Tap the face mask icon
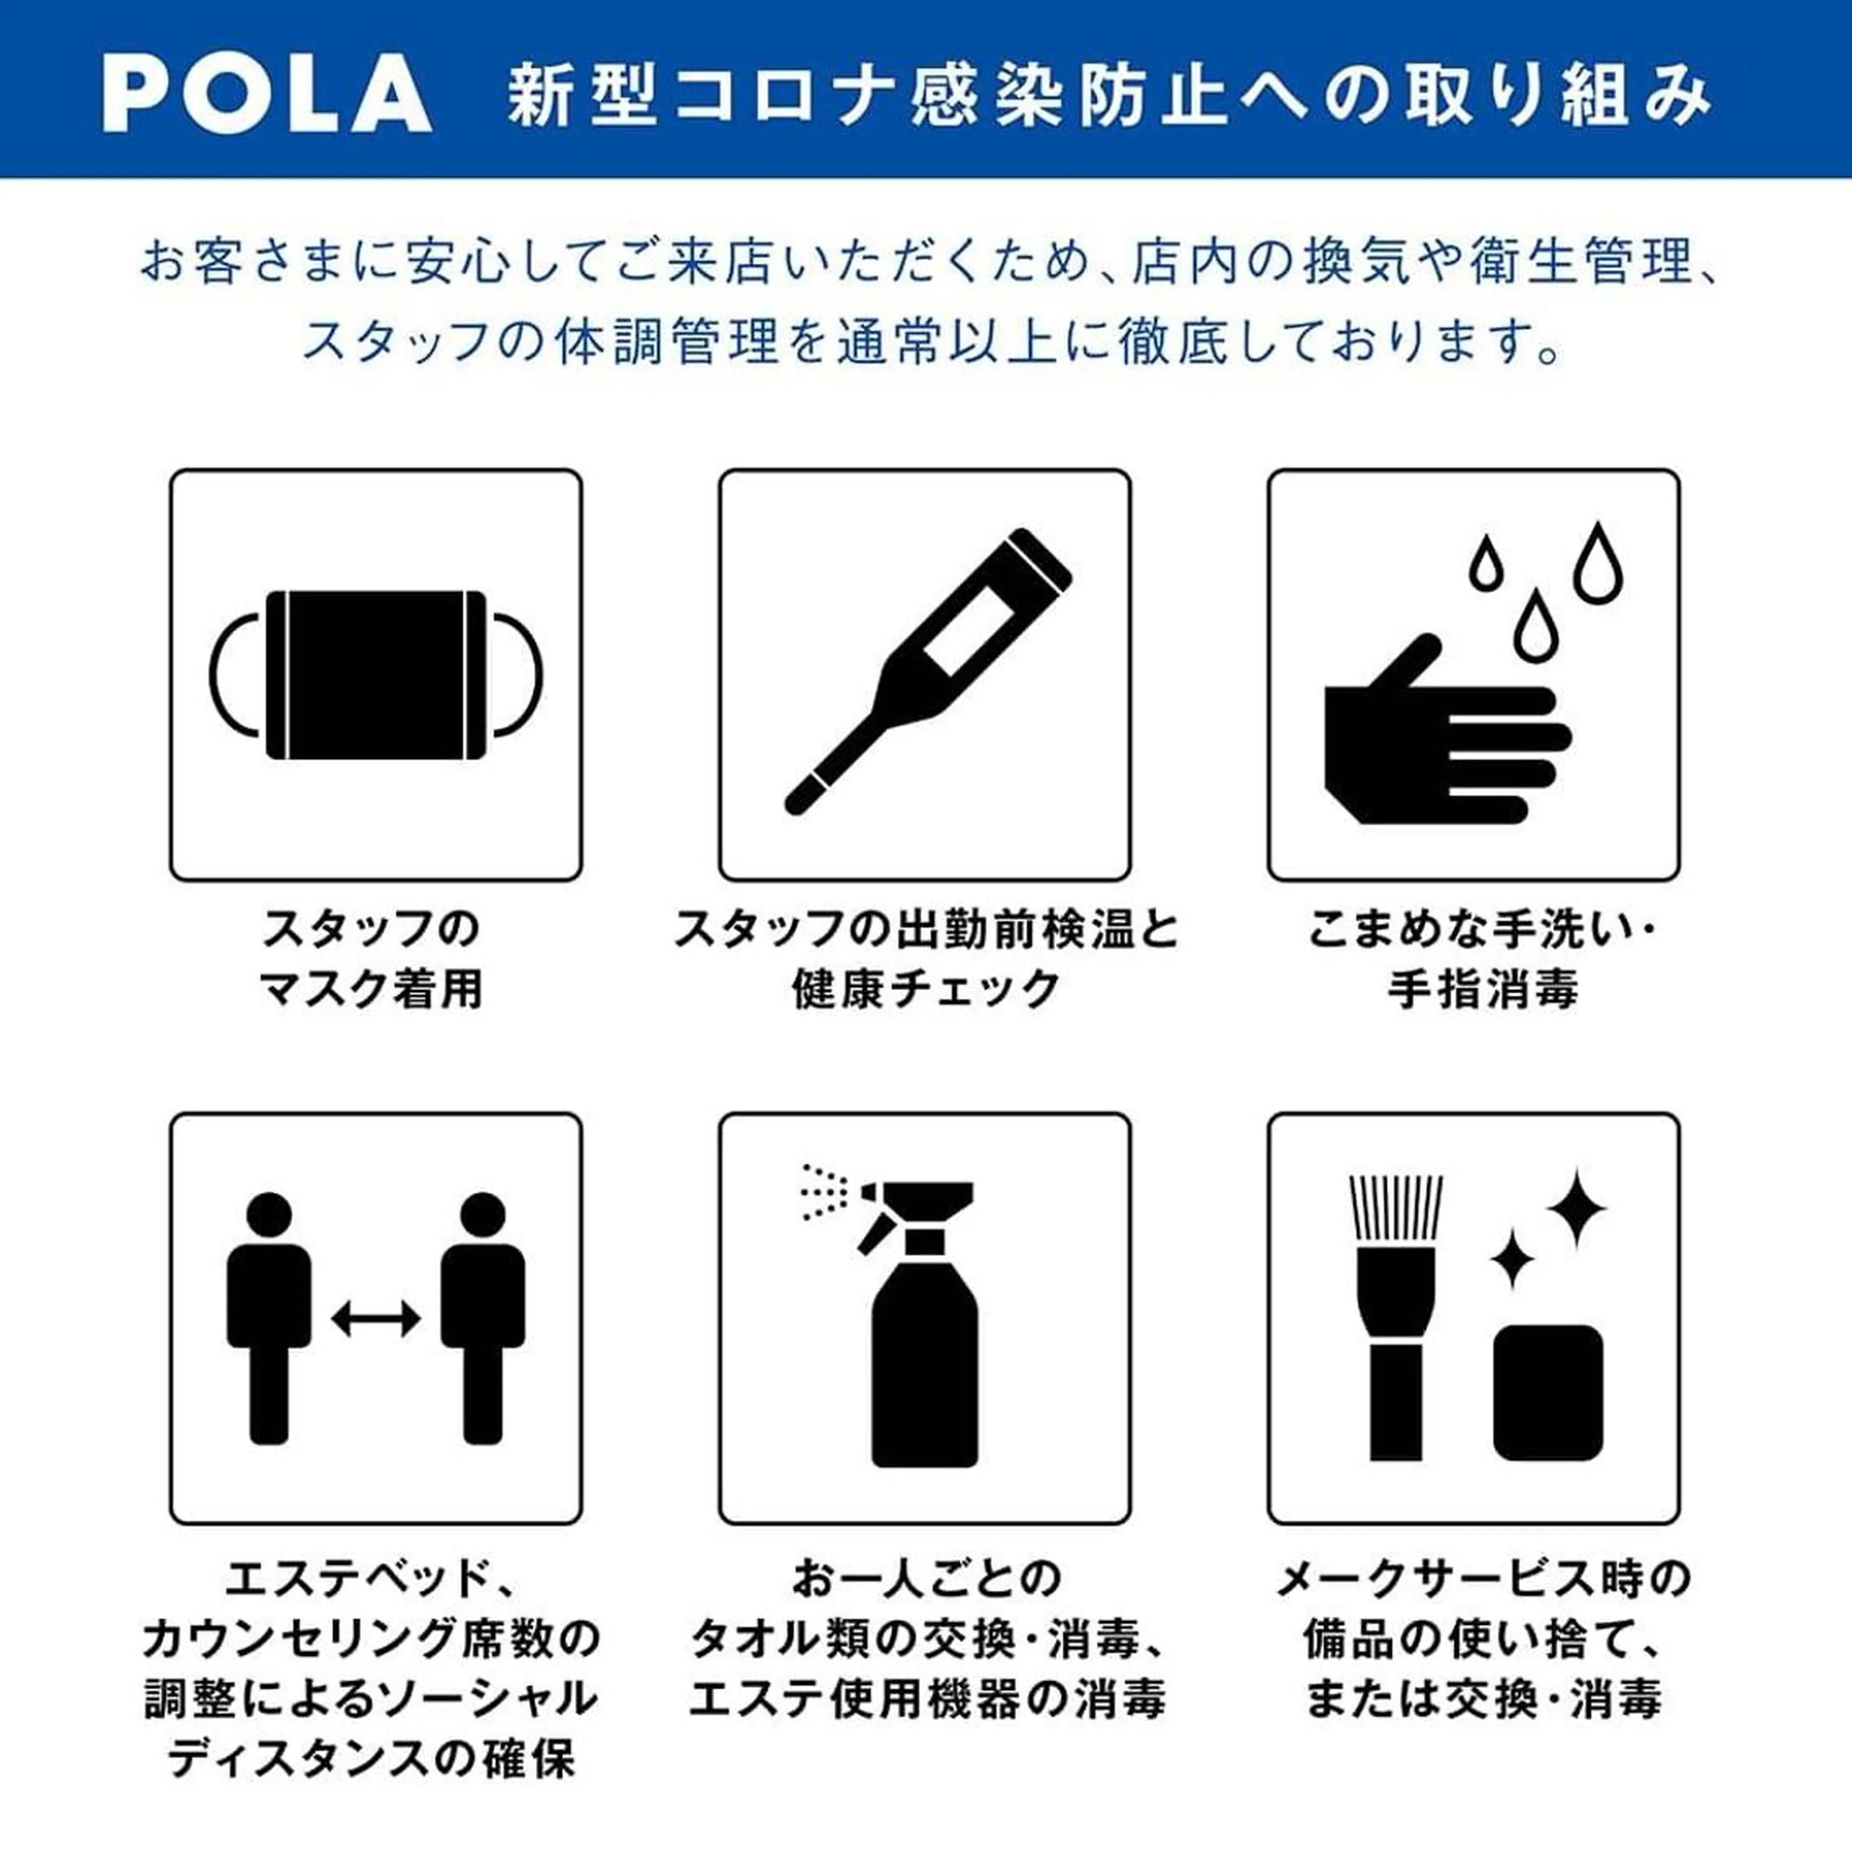tap(376, 675)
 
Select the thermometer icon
tap(927, 672)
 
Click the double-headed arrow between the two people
tap(376, 1318)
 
